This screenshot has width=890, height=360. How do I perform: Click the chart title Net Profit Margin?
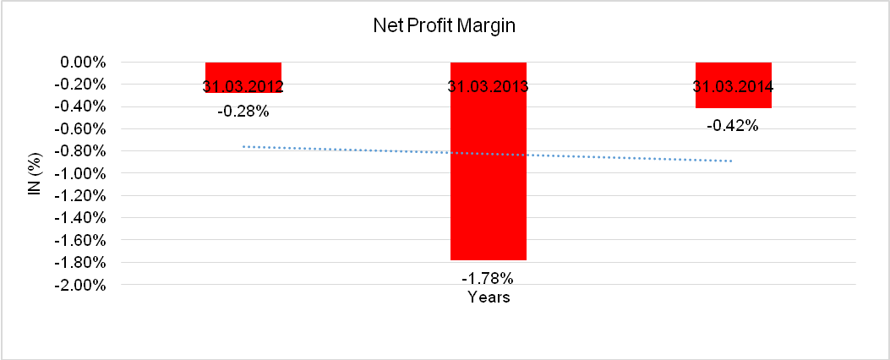tap(444, 26)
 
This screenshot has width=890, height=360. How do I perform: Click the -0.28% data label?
tap(243, 111)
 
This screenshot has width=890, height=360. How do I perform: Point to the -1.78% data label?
tap(488, 278)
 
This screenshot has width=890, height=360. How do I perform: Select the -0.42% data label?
tap(733, 127)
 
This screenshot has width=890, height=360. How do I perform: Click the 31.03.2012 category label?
tap(243, 86)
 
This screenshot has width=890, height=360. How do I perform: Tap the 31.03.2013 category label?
tap(488, 86)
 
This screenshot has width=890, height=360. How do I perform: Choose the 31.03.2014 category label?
tap(733, 86)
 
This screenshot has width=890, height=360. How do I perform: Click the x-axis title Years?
tap(488, 297)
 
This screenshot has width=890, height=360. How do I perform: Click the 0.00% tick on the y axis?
tap(80, 63)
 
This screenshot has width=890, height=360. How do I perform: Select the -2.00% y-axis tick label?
tap(79, 285)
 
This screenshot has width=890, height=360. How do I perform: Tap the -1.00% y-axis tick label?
tap(79, 173)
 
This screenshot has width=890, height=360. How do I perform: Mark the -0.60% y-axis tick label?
tap(79, 129)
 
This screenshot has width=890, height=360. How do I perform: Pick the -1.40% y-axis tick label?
tap(79, 218)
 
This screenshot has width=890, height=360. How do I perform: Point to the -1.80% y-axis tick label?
tap(79, 262)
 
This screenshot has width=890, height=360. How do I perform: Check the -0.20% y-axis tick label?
tap(79, 85)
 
